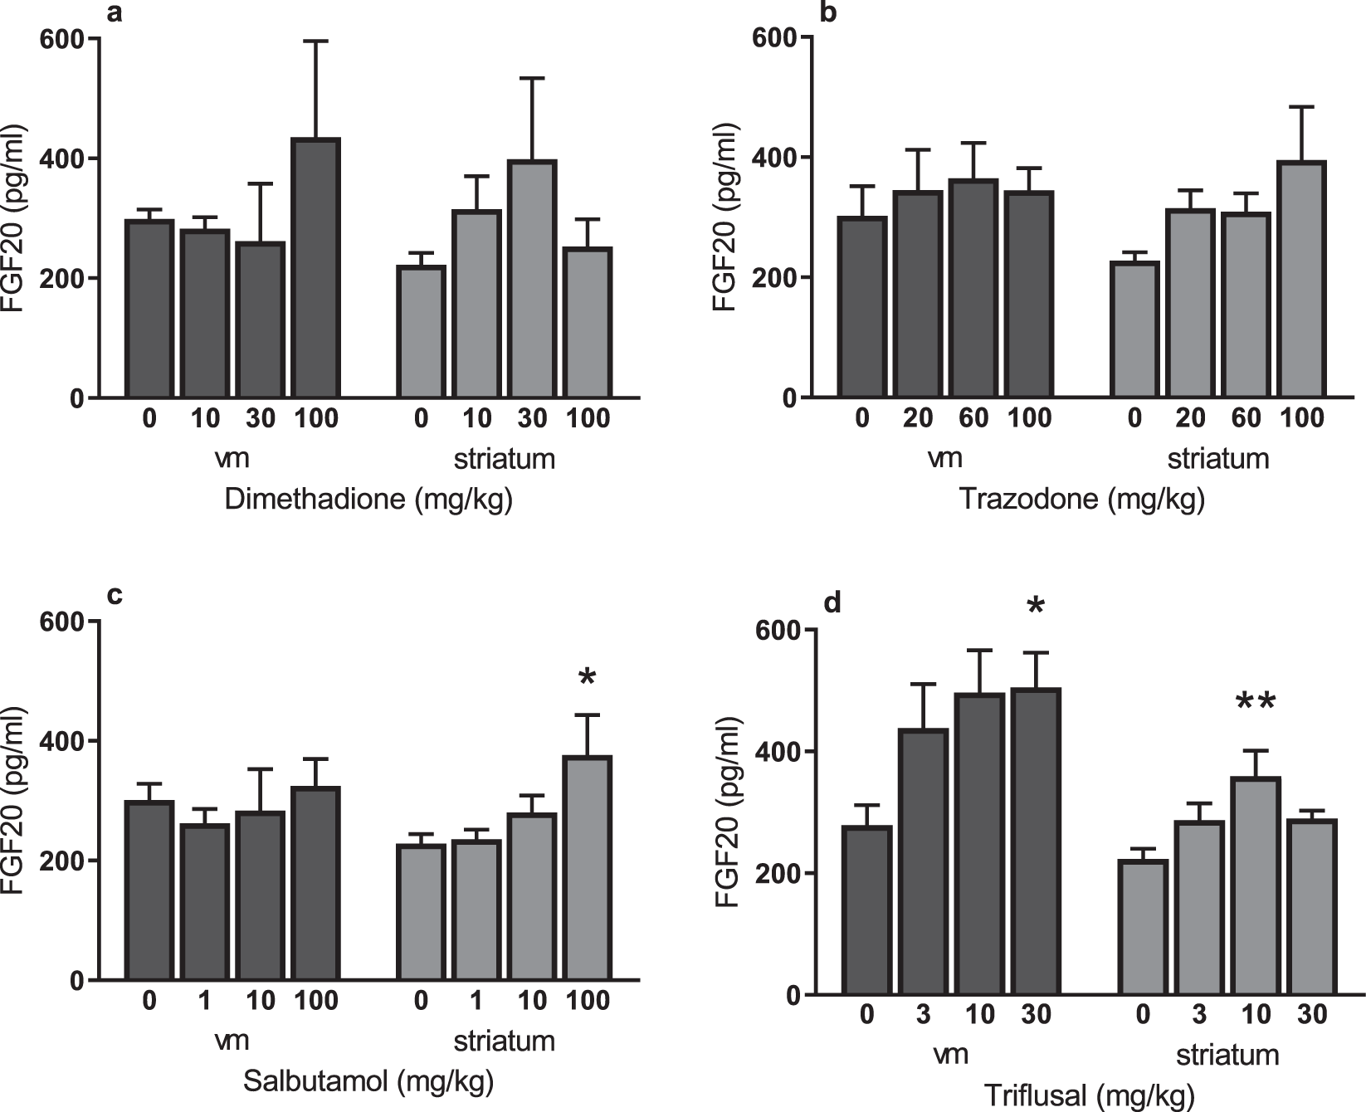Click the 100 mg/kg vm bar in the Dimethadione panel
click(x=316, y=268)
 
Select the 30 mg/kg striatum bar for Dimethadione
click(x=532, y=280)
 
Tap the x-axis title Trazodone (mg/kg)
click(x=1081, y=500)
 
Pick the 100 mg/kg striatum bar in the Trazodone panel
click(x=1301, y=280)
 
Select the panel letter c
click(x=115, y=596)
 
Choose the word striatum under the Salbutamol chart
click(x=504, y=1041)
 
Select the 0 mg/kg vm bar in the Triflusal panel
click(x=867, y=910)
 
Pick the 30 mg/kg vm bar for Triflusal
click(x=1037, y=841)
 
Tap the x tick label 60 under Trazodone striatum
click(x=1246, y=417)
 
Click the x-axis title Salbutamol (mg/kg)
click(x=368, y=1081)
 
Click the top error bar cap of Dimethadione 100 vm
click(x=316, y=41)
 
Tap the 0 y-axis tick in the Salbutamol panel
click(x=77, y=981)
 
